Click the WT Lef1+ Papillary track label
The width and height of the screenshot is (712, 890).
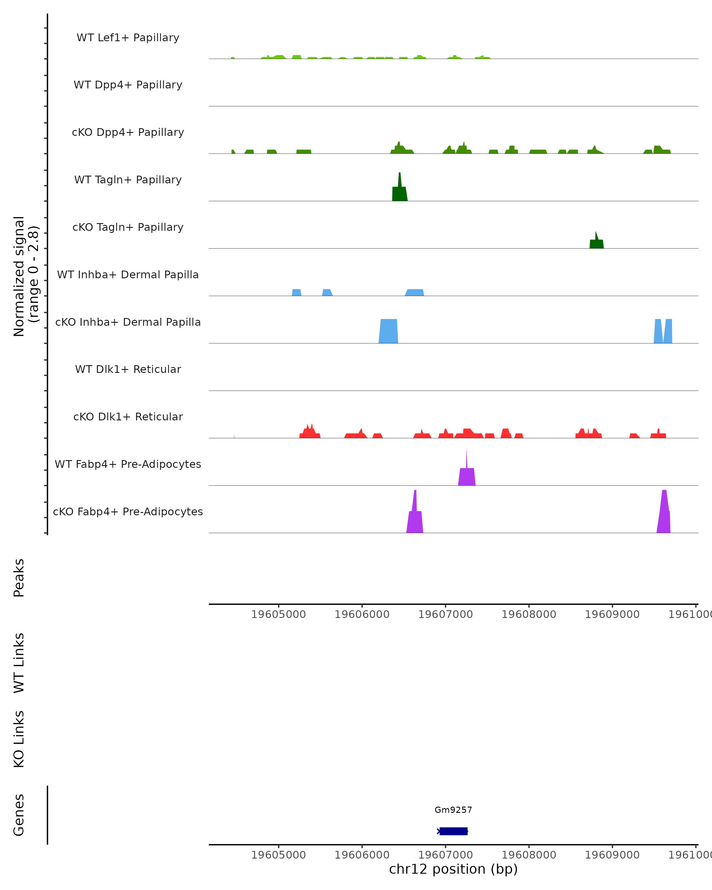[128, 38]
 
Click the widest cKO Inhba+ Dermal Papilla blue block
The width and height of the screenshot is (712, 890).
[388, 331]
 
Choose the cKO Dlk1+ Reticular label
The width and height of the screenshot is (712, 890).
[128, 417]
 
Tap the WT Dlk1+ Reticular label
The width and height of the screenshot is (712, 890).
[128, 369]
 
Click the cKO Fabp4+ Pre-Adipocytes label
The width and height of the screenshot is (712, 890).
[128, 511]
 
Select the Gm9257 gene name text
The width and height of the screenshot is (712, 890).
[453, 810]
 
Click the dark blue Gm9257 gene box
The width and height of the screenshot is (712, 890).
[453, 831]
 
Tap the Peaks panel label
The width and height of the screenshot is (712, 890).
[19, 578]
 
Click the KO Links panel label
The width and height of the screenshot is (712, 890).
[19, 739]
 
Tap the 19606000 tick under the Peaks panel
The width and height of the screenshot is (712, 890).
[362, 614]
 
